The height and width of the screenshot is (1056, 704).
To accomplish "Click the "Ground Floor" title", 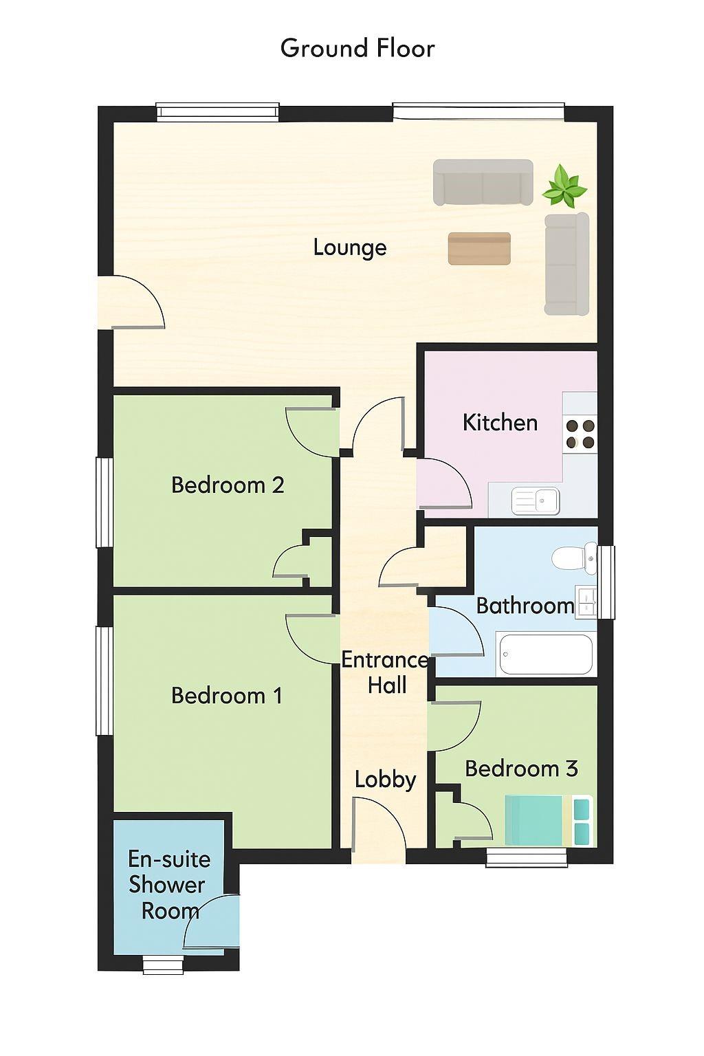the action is click(357, 49).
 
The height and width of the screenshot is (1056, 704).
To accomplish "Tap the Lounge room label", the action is click(350, 247).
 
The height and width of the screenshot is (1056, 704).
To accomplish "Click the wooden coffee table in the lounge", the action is click(479, 248).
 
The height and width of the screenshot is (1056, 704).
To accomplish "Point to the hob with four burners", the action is click(580, 434).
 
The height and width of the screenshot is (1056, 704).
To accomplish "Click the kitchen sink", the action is click(536, 500).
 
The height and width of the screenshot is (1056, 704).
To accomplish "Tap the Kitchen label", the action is click(500, 422).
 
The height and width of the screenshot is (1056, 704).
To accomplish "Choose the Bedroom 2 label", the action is click(228, 485).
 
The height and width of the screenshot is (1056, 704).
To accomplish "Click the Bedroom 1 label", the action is click(226, 695).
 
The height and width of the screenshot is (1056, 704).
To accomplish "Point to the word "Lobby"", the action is click(385, 779).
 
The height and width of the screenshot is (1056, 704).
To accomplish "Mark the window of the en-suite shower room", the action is click(163, 964).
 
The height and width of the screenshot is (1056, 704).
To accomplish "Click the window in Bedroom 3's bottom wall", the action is click(526, 857).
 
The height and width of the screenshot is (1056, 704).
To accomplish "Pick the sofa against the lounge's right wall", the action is click(566, 263).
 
